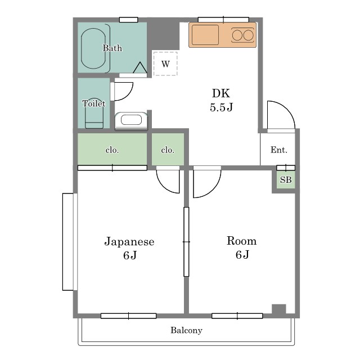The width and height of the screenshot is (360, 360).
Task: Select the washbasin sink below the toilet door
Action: (x=131, y=120)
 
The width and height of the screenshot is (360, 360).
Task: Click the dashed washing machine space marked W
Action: (x=165, y=64)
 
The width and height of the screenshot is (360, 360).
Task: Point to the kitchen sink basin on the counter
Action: (x=205, y=35)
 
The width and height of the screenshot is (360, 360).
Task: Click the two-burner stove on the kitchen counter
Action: (x=243, y=35)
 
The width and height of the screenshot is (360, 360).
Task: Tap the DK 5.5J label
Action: (x=221, y=100)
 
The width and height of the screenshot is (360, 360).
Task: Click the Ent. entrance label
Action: (x=279, y=150)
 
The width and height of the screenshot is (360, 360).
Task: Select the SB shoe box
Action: (x=286, y=179)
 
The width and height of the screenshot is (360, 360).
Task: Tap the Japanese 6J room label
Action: (x=129, y=248)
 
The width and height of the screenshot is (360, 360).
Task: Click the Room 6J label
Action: (x=242, y=247)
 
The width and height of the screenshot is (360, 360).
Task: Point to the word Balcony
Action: (x=186, y=330)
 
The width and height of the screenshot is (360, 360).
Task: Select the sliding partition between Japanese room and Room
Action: (x=186, y=242)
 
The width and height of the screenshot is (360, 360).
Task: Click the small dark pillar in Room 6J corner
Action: (x=279, y=309)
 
